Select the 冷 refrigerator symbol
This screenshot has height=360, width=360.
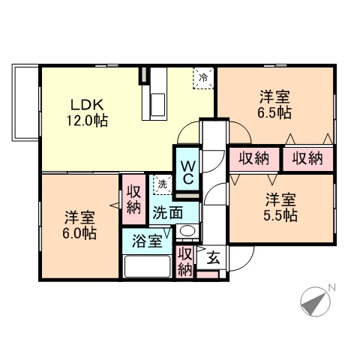[202, 77]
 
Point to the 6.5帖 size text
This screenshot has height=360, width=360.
[275, 113]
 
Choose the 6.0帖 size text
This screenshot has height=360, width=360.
[79, 233]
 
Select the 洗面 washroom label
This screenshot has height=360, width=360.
[167, 212]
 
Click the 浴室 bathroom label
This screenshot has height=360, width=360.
[146, 241]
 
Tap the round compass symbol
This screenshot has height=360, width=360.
[315, 302]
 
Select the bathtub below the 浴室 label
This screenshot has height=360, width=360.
[148, 266]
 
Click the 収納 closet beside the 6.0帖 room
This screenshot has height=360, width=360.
[133, 199]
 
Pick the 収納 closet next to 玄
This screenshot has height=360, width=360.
[186, 260]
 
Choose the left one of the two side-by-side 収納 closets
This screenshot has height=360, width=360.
[253, 158]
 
